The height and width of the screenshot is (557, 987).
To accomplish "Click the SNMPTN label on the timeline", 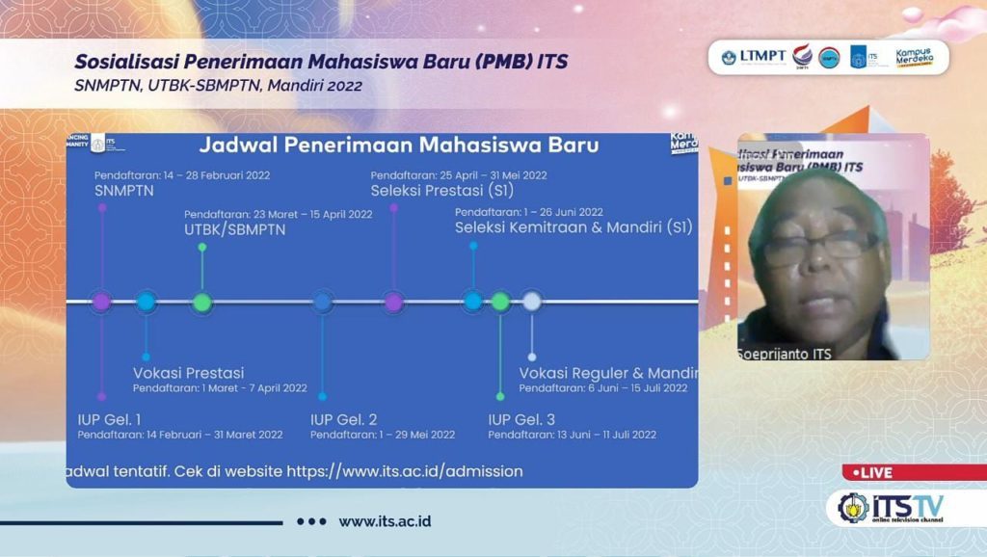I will (x=123, y=191).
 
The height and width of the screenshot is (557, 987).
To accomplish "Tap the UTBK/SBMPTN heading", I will (x=234, y=229).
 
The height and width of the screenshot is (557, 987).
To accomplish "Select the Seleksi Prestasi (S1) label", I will (x=442, y=191).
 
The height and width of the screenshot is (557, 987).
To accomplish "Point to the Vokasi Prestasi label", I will (x=188, y=373).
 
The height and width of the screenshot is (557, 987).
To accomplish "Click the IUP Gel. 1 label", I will (x=109, y=419).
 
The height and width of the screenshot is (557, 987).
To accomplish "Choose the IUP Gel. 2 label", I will (x=343, y=419).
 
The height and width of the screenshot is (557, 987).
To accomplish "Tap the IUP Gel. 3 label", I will (x=521, y=419).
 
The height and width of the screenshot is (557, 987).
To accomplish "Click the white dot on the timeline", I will (x=531, y=302).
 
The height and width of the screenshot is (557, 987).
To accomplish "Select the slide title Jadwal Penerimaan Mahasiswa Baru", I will (x=398, y=146).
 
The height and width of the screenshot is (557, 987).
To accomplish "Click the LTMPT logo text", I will (x=762, y=56).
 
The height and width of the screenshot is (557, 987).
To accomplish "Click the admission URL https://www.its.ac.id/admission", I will (x=404, y=471).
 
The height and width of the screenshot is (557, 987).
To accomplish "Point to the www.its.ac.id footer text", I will (x=384, y=521).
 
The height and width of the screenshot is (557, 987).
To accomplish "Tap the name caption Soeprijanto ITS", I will (x=784, y=354).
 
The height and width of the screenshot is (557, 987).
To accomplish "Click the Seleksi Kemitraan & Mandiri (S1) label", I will (x=574, y=228).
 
